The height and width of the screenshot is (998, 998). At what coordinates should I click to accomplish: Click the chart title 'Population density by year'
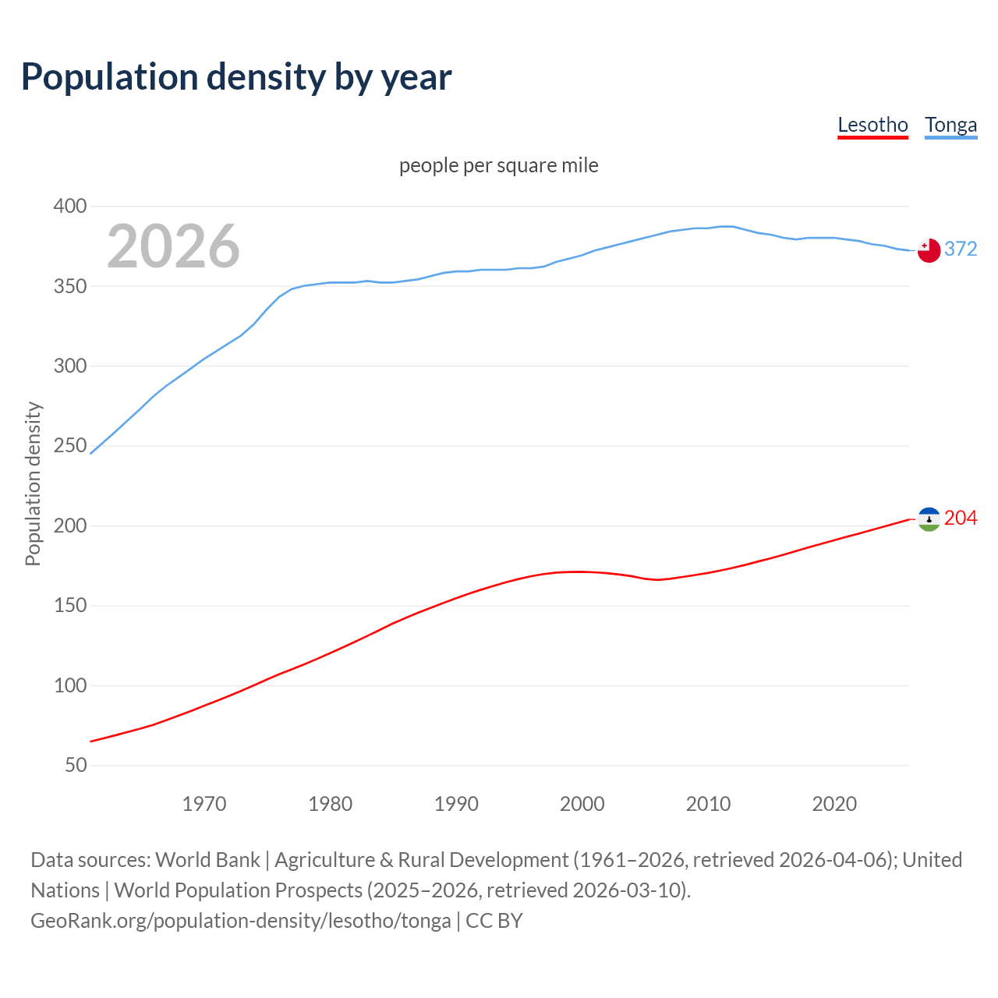236,77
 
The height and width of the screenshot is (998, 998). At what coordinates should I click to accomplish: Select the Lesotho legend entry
872,125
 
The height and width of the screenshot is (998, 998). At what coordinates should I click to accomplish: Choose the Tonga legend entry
950,125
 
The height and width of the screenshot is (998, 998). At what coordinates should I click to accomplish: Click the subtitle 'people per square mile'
499,165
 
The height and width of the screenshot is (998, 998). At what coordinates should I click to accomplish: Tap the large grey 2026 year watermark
173,246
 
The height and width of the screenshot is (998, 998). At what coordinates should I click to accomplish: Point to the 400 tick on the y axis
70,207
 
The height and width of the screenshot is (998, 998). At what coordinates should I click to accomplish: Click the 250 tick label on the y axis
70,446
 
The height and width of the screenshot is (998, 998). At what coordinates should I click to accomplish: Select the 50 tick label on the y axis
76,766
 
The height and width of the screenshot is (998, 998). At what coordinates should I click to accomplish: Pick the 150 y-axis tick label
70,606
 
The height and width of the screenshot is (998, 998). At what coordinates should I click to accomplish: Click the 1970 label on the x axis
204,804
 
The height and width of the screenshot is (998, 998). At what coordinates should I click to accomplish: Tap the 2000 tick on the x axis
582,804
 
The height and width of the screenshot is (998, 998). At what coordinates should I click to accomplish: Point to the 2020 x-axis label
834,804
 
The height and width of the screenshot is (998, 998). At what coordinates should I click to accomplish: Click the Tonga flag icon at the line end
929,250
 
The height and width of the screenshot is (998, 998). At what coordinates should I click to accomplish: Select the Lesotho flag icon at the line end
929,519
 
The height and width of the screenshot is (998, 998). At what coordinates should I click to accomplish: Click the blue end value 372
961,249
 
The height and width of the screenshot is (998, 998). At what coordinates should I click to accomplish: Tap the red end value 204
961,518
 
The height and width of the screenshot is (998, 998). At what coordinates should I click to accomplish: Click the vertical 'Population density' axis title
33,483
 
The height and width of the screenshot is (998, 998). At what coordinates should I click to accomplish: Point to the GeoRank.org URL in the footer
240,921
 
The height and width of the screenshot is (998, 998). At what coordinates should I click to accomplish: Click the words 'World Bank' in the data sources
207,860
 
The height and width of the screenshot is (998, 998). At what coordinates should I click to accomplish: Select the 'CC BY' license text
494,921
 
